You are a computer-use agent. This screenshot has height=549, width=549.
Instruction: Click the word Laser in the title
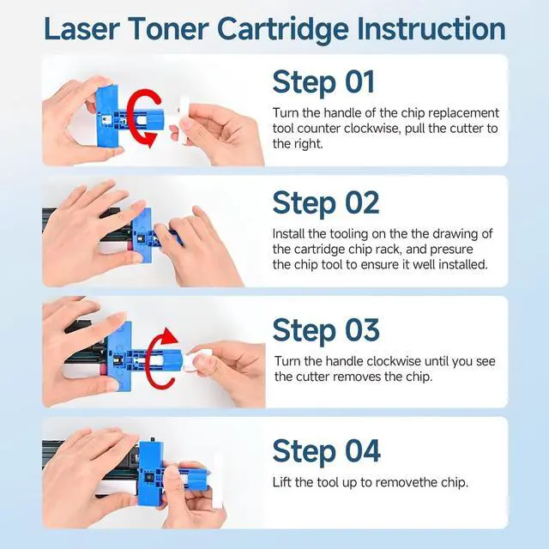click(82, 28)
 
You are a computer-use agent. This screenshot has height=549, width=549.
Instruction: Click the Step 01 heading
click(323, 82)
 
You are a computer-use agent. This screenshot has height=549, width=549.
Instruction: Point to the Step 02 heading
click(326, 203)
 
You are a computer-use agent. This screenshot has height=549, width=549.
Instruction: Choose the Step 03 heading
click(326, 330)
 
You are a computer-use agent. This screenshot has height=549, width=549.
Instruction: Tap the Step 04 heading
click(326, 451)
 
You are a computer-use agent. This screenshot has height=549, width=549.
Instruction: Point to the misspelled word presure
click(451, 250)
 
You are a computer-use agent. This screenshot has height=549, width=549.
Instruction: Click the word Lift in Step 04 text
click(282, 482)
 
